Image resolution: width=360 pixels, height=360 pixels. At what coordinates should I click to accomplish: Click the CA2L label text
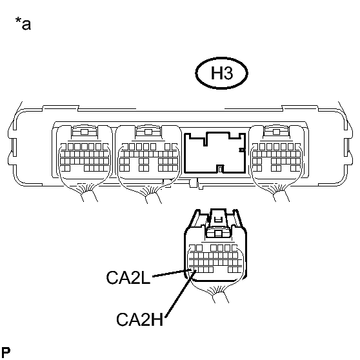pos(128,277)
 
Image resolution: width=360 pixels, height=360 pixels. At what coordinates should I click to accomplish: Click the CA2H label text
pos(139,319)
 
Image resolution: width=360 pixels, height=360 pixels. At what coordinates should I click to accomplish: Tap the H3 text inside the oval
pos(222,74)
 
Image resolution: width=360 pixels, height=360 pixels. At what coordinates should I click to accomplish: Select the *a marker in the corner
pos(23,23)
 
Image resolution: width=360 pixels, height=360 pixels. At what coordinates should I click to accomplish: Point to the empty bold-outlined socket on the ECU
pos(215,152)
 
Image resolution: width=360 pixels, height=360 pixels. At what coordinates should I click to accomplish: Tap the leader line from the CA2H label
pos(181,294)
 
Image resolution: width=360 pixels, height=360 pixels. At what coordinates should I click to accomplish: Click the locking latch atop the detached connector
pos(218,224)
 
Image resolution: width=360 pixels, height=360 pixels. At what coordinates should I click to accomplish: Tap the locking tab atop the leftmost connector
pos(85,132)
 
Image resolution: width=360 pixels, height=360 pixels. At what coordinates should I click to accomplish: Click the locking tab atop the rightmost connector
pos(276,132)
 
